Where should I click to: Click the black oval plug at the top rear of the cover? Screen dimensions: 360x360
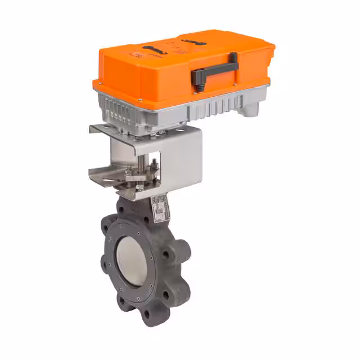coord(194,42)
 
